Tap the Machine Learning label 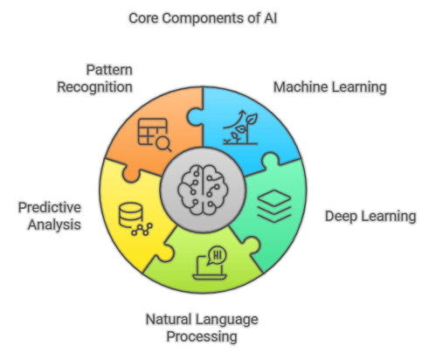(329, 87)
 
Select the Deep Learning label (370, 216)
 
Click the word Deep (342, 216)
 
